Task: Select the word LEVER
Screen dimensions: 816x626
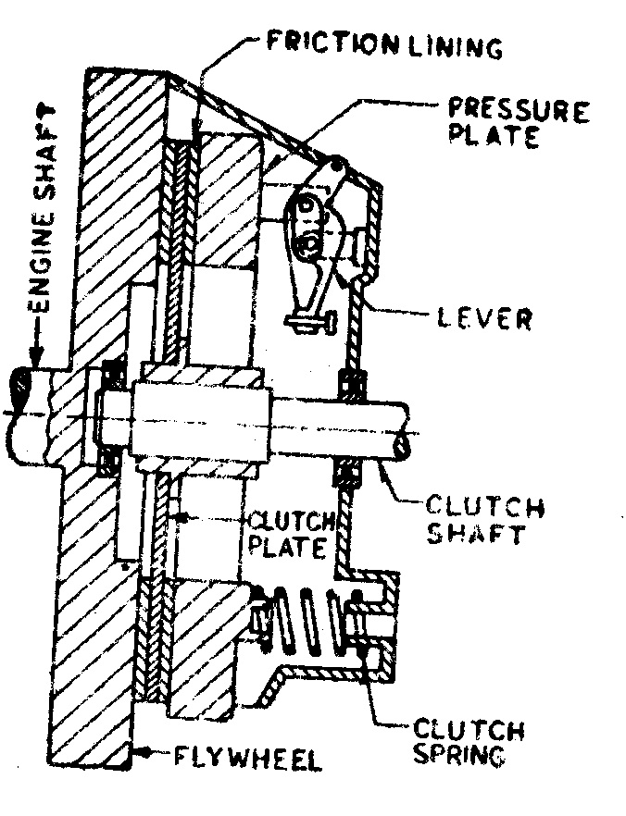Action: point(483,319)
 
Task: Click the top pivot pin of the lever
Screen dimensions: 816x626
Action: point(338,167)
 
